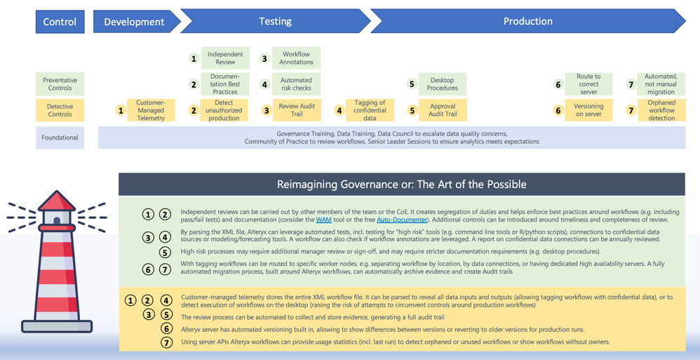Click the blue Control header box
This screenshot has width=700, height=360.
point(60,21)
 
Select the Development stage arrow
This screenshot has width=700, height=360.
point(134,21)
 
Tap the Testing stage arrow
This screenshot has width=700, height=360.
point(275,21)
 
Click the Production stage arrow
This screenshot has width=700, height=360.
point(527,21)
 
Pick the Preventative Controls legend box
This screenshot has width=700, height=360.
point(60,84)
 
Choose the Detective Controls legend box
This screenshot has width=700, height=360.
point(60,110)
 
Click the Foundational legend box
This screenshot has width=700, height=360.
point(60,138)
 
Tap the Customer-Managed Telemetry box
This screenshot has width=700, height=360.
point(150,110)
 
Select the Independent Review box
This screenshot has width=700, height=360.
point(225,58)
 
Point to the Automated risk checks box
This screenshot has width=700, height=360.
point(296,84)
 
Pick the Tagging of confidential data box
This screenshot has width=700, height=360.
point(370,110)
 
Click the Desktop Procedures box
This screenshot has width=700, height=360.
point(442,84)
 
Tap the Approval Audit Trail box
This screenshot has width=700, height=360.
point(442,110)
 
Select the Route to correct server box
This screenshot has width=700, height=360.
point(588,84)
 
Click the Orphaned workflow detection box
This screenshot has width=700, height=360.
point(661,110)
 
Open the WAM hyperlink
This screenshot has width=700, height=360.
point(323,220)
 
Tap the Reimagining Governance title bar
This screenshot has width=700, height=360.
point(402,185)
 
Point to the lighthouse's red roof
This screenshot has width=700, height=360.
point(56,201)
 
